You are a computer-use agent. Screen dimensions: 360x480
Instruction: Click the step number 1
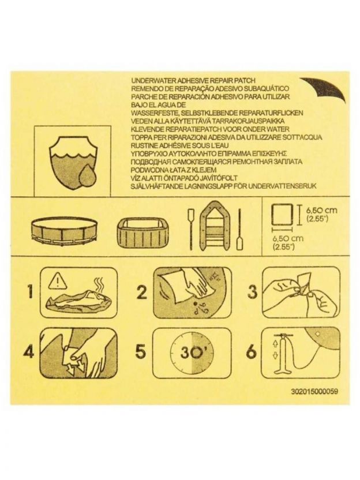click(x=30, y=291)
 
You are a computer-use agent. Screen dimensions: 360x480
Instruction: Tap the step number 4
click(x=29, y=352)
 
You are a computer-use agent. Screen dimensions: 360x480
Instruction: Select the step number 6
click(x=252, y=352)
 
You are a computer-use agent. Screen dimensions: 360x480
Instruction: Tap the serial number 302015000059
click(x=314, y=392)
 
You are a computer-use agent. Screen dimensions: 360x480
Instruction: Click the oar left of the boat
click(x=191, y=229)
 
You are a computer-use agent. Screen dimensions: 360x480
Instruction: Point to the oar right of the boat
click(x=239, y=229)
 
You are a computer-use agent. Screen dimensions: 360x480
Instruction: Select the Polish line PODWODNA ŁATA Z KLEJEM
click(x=174, y=170)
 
